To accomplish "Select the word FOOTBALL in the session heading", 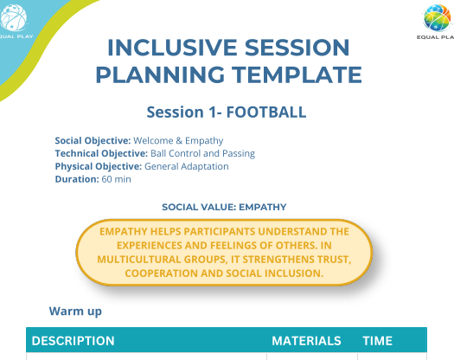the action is (x=266, y=112).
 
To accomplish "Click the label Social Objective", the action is (x=93, y=140).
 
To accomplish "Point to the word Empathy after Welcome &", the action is (x=204, y=141).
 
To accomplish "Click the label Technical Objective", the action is (x=102, y=153).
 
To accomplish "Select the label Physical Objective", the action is (x=99, y=166).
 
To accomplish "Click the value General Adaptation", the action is (x=187, y=166).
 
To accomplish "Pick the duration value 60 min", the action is (x=116, y=179).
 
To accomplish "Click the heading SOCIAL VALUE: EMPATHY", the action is (x=224, y=207).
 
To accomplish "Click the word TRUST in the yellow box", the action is (x=334, y=260).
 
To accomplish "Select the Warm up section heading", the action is (x=75, y=312).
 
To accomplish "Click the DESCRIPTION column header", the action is (x=73, y=341).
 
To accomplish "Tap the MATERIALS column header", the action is (x=306, y=341).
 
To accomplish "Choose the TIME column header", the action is (x=378, y=341).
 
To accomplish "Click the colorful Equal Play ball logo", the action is (x=438, y=17).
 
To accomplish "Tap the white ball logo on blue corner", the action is (x=13, y=17).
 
